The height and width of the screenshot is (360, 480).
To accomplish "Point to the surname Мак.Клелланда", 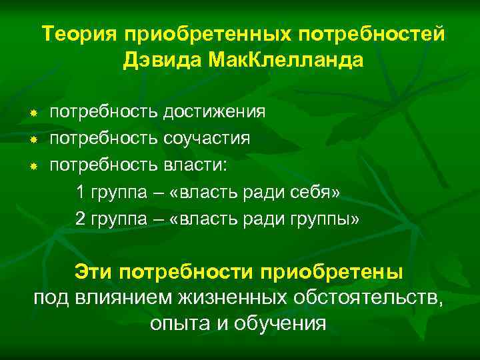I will pyautogui.click(x=286, y=61).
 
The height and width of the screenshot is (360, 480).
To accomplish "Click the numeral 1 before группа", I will pyautogui.click(x=81, y=193).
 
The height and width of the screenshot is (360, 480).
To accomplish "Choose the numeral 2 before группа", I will pyautogui.click(x=81, y=220).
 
